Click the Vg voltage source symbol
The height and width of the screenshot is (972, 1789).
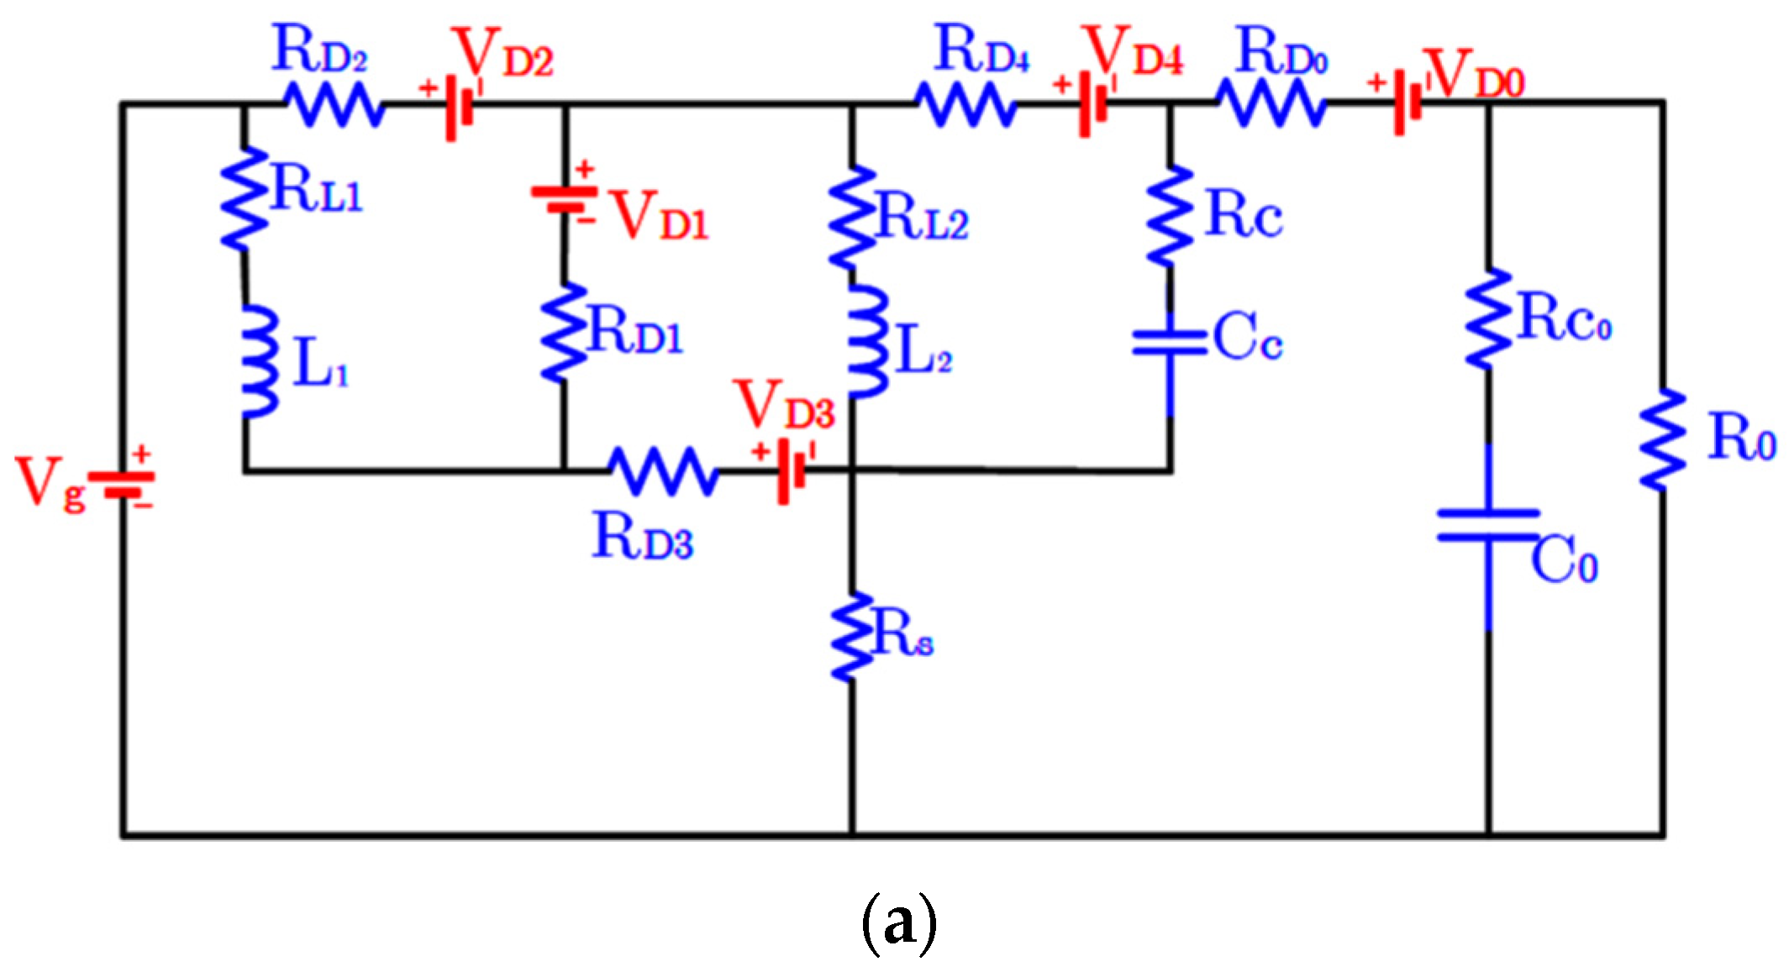tap(123, 485)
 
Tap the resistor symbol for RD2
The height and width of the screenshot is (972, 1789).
tap(335, 104)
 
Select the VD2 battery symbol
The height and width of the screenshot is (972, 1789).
tap(460, 107)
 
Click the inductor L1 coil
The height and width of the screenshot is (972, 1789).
tap(260, 361)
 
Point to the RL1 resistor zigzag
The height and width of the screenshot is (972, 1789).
tap(244, 199)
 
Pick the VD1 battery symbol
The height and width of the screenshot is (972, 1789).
tap(564, 198)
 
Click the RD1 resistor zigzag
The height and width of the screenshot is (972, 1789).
tap(564, 333)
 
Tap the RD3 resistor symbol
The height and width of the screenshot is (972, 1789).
tap(663, 471)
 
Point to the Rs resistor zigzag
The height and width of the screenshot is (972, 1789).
tap(852, 636)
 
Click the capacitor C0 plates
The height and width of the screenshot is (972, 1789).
tap(1488, 525)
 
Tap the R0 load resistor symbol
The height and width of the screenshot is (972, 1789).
tap(1662, 439)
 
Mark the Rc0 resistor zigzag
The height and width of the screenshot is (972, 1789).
tap(1488, 319)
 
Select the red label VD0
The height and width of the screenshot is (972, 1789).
tap(1476, 75)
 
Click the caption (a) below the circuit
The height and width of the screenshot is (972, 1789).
tap(898, 923)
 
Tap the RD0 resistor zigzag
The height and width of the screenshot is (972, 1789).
tap(1271, 103)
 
